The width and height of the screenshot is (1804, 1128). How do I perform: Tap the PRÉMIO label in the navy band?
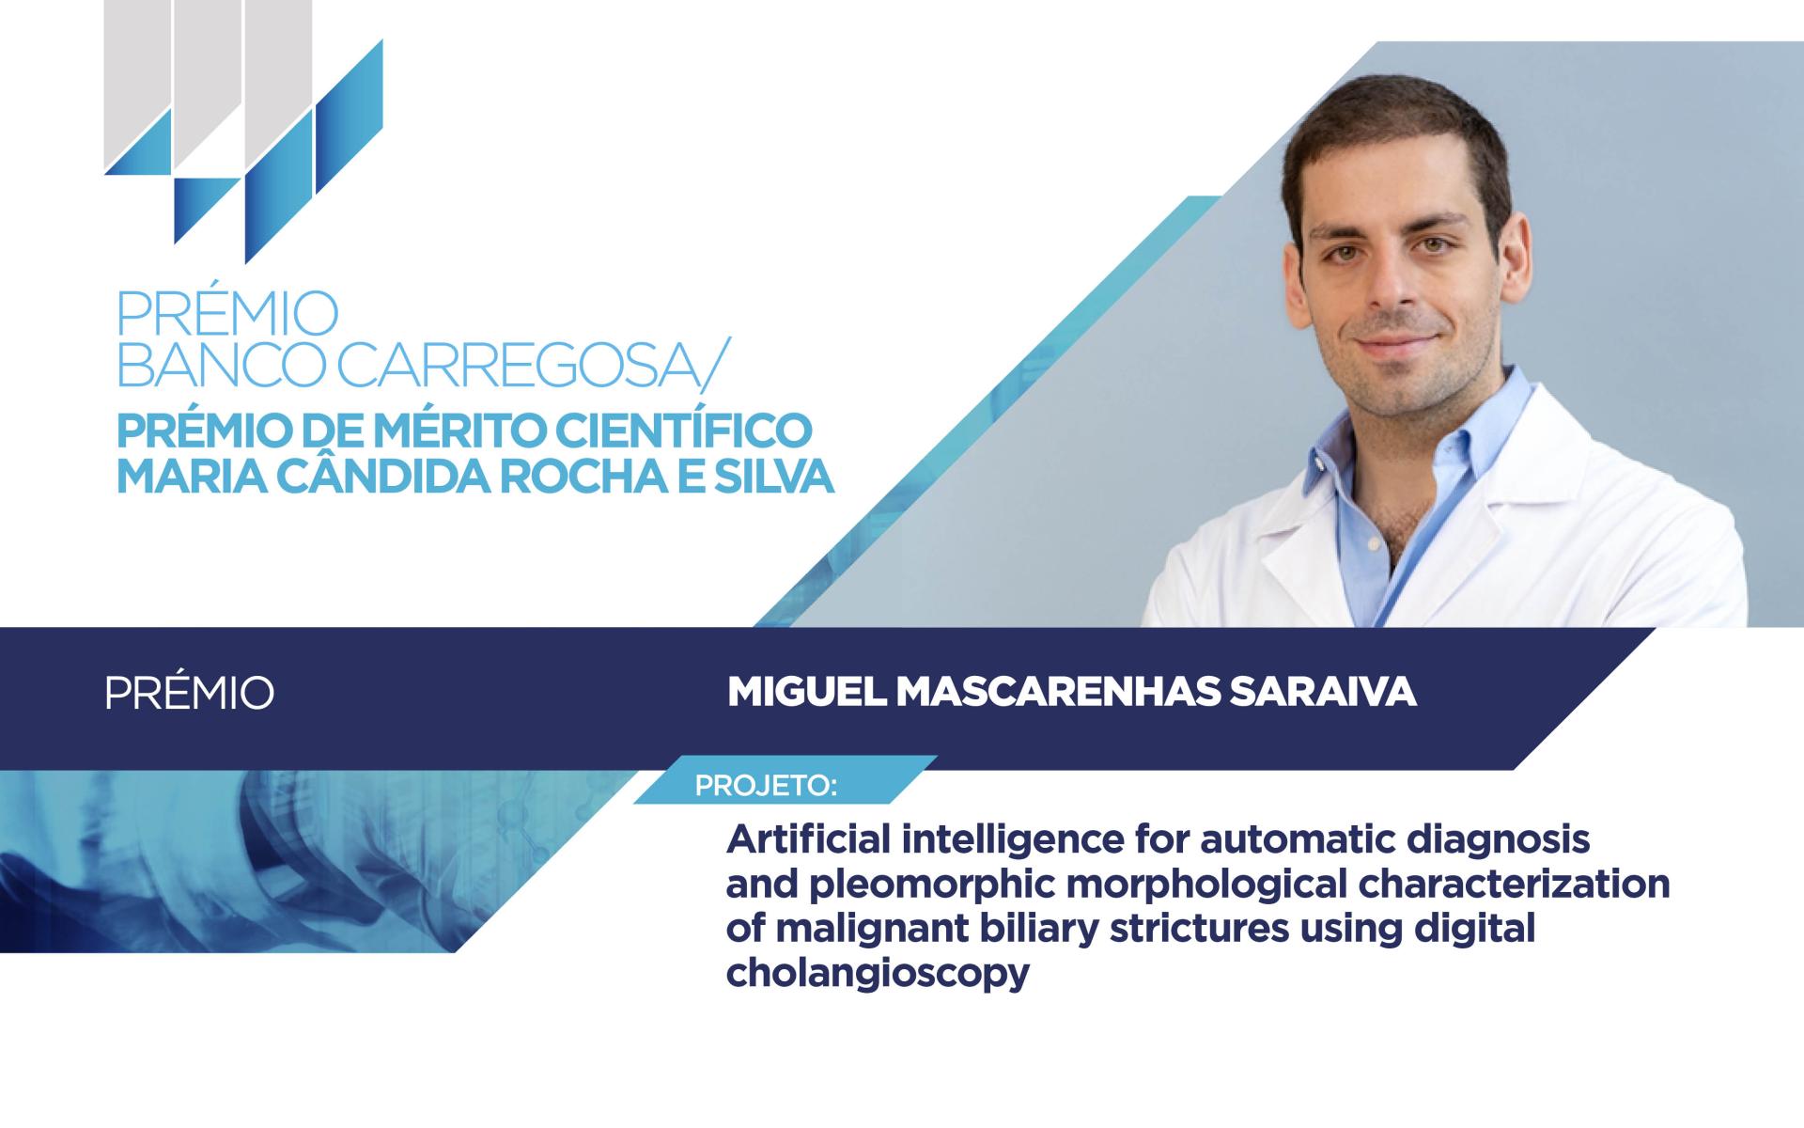[190, 693]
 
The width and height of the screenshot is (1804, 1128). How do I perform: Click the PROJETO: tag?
[766, 785]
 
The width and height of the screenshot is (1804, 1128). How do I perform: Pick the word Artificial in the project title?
[807, 839]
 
